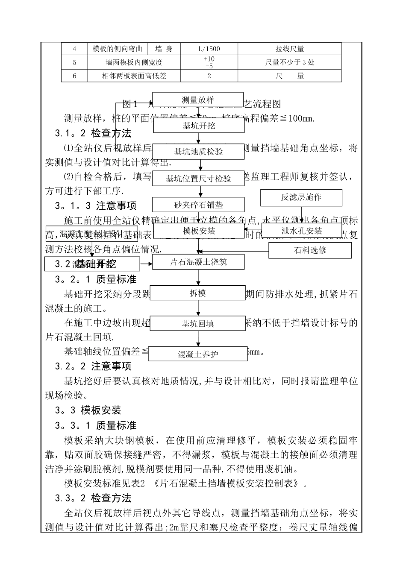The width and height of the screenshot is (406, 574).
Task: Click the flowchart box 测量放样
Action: pyautogui.click(x=198, y=100)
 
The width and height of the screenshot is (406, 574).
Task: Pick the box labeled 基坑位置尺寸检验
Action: pyautogui.click(x=198, y=179)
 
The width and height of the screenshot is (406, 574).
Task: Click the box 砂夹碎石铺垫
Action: pyautogui.click(x=198, y=205)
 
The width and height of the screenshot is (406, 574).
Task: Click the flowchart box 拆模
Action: pyautogui.click(x=197, y=293)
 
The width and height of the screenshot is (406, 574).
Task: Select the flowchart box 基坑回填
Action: pyautogui.click(x=197, y=324)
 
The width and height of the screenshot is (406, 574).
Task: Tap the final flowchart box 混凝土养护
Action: pyautogui.click(x=197, y=354)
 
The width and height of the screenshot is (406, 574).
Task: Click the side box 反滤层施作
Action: pyautogui.click(x=301, y=197)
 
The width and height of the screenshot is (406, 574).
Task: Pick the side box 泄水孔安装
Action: pyautogui.click(x=302, y=231)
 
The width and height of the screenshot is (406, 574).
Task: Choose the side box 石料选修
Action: pyautogui.click(x=310, y=250)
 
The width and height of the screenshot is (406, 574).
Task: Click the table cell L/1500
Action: pyautogui.click(x=209, y=49)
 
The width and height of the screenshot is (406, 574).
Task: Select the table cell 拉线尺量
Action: pyautogui.click(x=289, y=49)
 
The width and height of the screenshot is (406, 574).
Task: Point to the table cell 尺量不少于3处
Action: pyautogui.click(x=289, y=62)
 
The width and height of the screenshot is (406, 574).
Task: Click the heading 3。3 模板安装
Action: pyautogui.click(x=88, y=410)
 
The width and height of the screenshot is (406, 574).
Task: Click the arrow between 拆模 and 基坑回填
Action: pyautogui.click(x=197, y=308)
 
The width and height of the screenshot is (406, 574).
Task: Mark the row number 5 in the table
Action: pyautogui.click(x=74, y=62)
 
